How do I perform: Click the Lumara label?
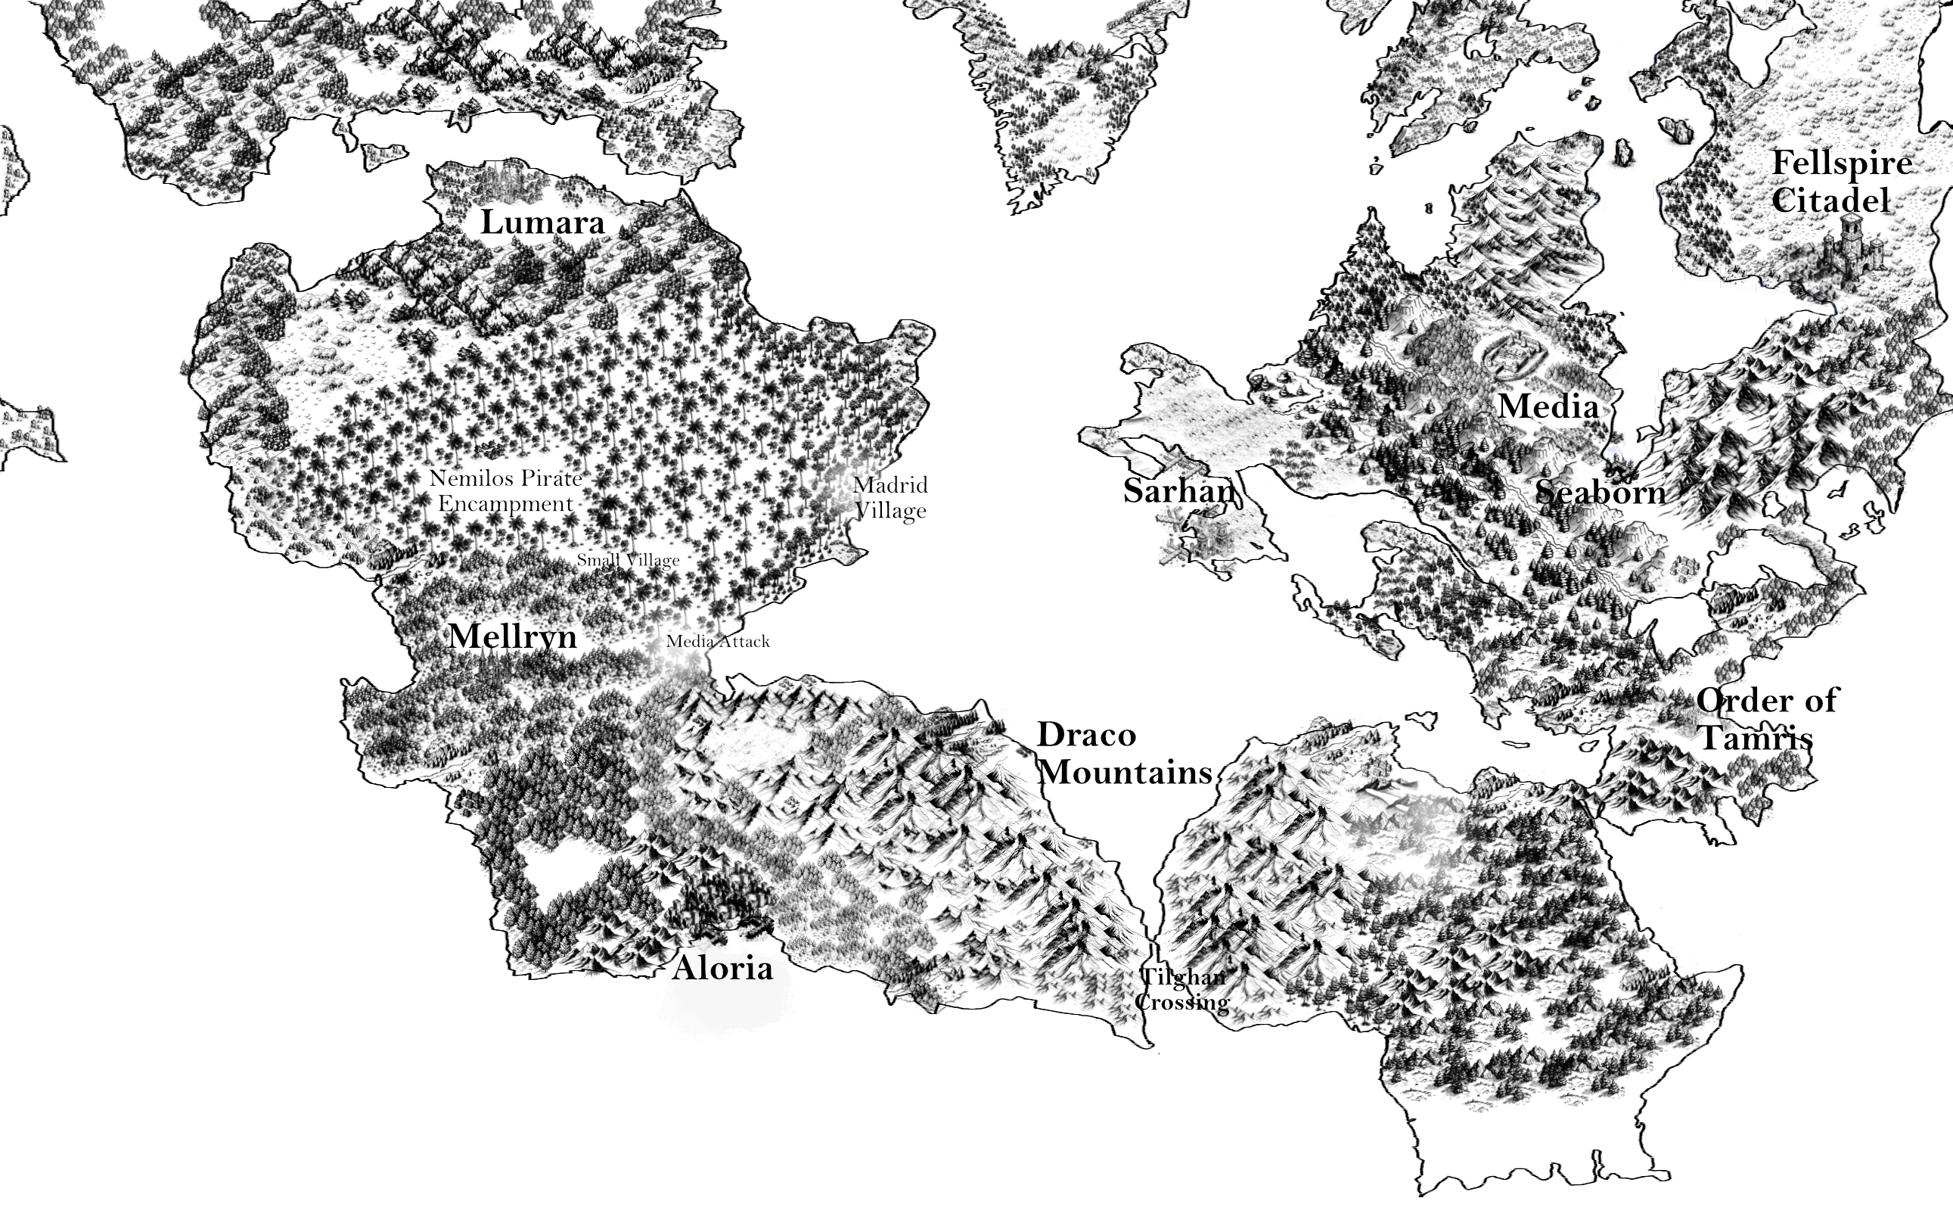click(542, 222)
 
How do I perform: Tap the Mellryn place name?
click(513, 636)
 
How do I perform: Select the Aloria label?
click(722, 968)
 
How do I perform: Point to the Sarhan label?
click(1179, 491)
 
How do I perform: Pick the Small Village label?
click(628, 560)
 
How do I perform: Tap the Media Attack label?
click(718, 642)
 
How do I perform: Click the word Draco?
click(1087, 735)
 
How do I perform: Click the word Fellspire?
click(1841, 163)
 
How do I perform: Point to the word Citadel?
click(1830, 201)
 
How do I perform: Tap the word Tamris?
click(1755, 738)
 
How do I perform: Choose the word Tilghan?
click(1182, 977)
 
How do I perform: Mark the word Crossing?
click(1181, 1003)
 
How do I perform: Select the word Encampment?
click(506, 504)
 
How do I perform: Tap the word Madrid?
click(890, 485)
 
